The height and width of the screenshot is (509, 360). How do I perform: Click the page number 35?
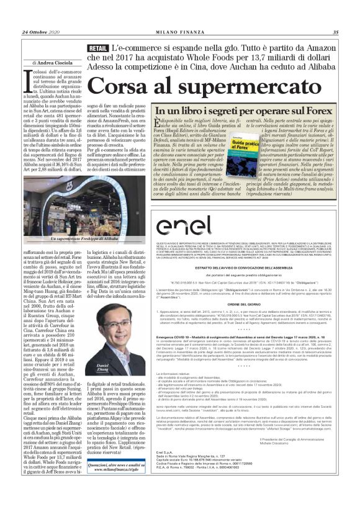tap(336, 33)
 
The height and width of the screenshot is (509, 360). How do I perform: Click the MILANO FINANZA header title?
tap(180, 33)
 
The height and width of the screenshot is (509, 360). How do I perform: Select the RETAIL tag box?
tap(98, 48)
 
